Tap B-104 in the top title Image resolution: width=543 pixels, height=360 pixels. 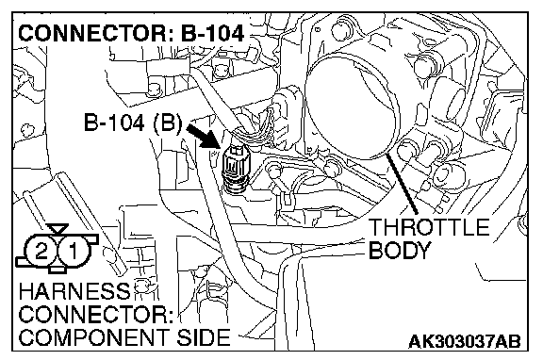212,33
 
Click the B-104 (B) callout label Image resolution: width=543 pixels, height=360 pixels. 133,123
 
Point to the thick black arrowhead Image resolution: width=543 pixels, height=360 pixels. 212,139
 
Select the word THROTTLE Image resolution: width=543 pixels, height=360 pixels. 429,227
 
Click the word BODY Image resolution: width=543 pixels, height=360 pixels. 400,250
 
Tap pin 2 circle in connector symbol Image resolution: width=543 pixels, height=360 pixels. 41,251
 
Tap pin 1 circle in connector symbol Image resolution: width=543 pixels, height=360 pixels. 74,251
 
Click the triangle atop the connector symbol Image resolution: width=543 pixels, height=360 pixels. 58,229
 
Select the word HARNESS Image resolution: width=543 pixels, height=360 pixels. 74,291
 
